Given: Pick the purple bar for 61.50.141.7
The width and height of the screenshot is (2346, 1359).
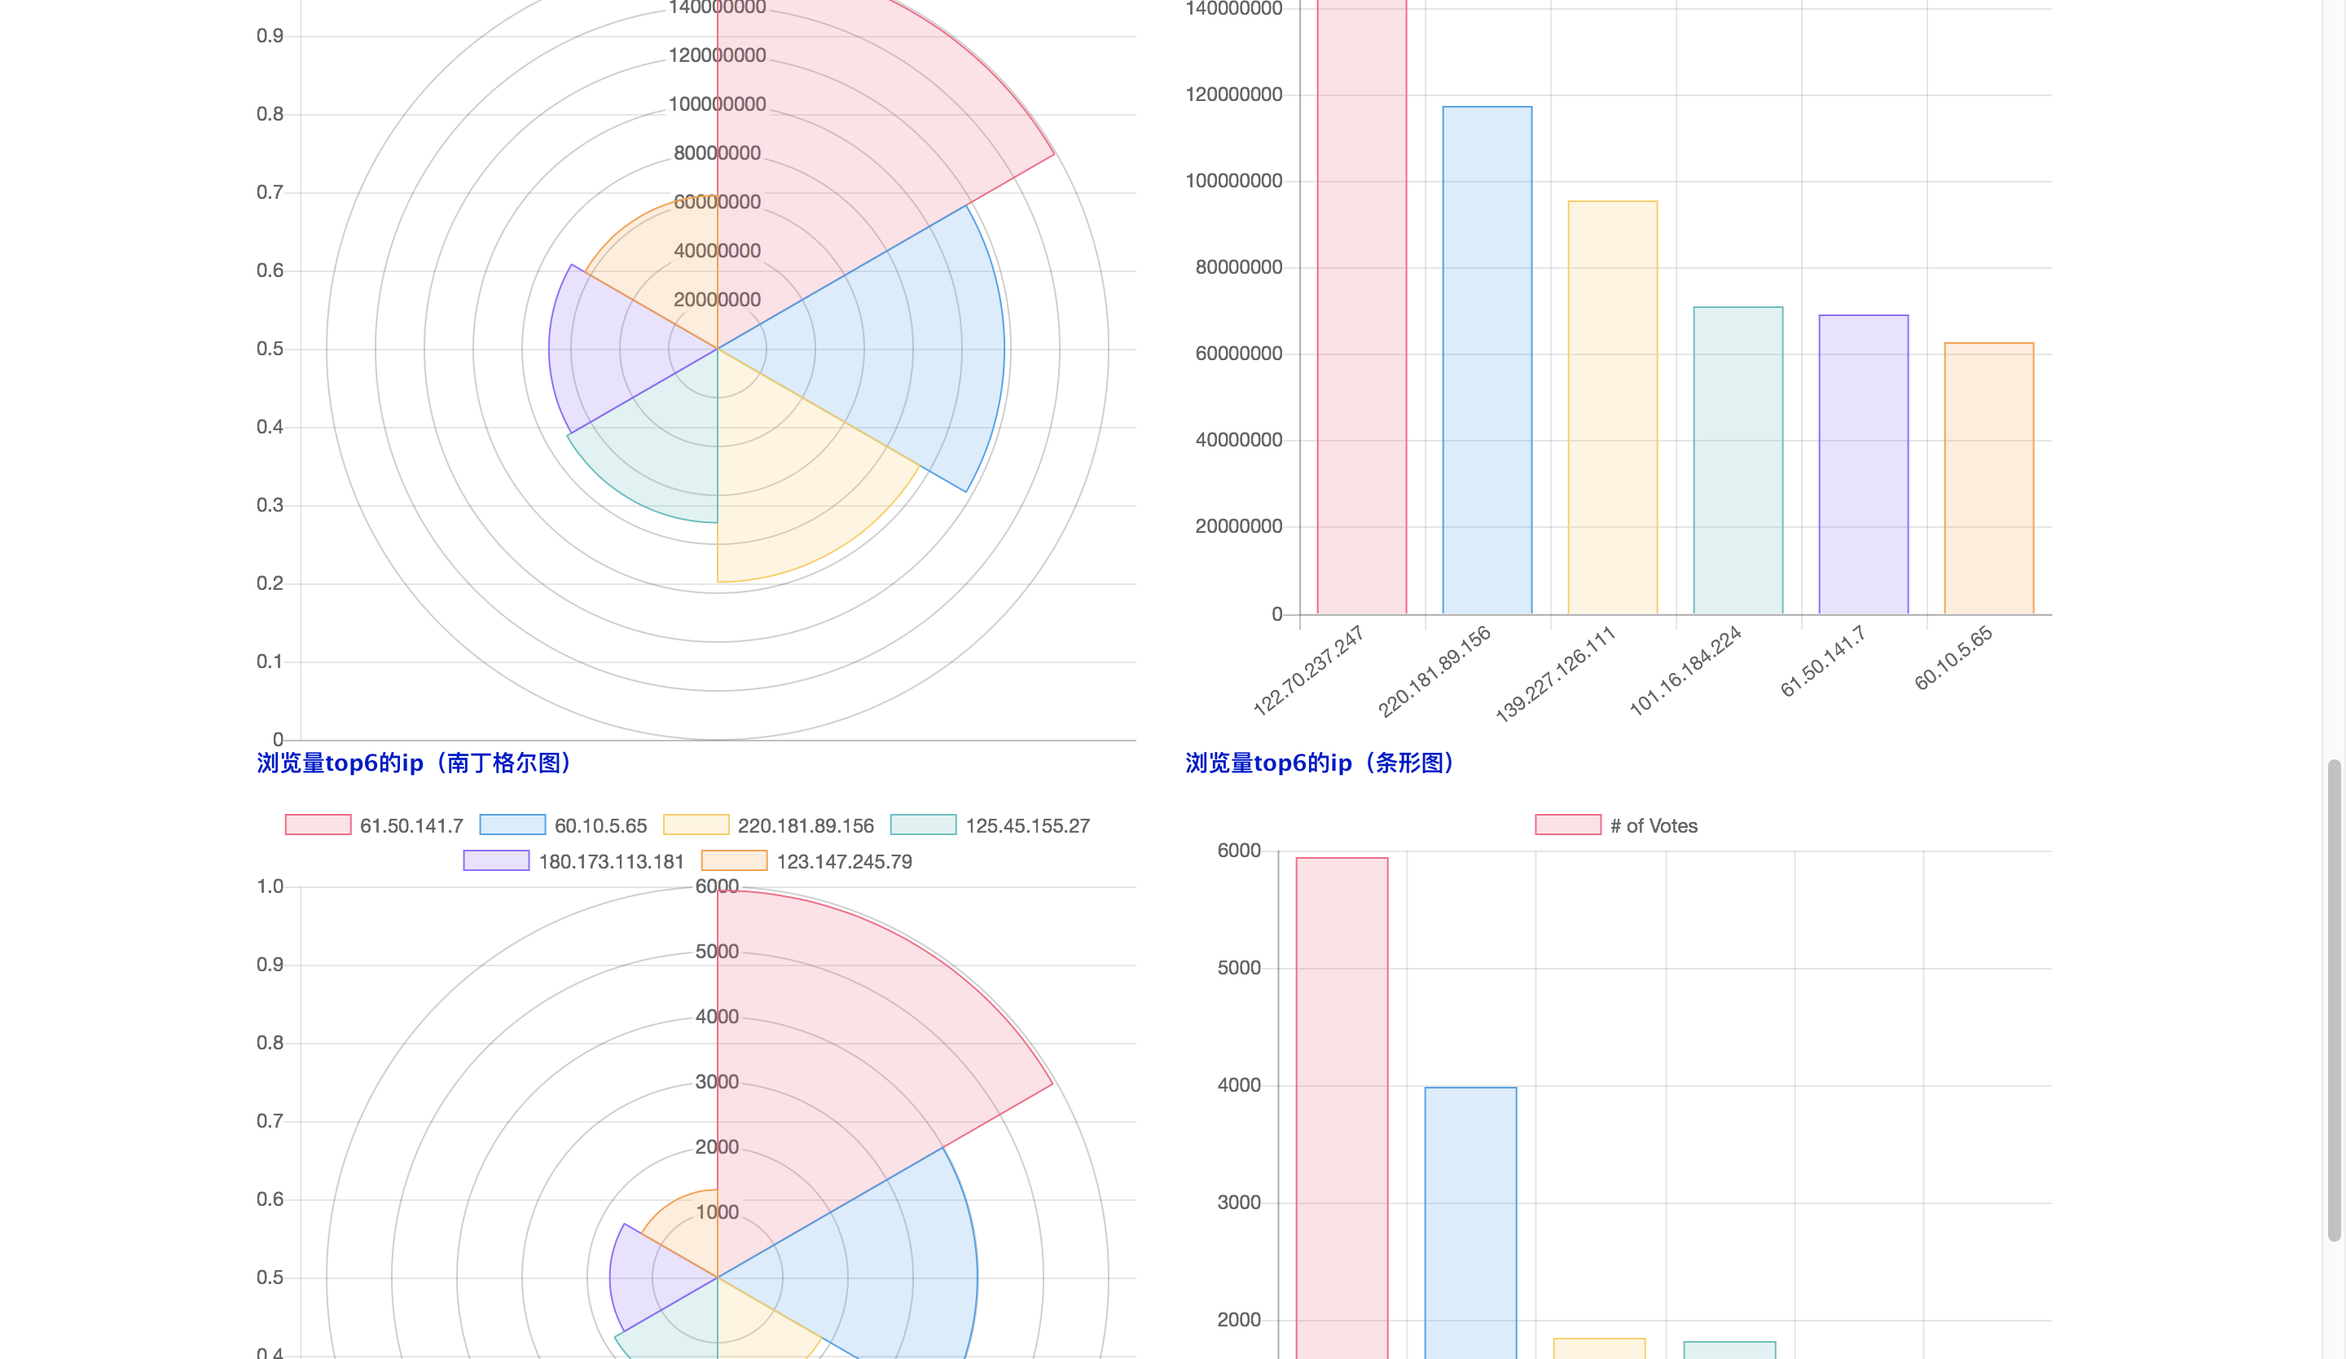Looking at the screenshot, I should (1863, 464).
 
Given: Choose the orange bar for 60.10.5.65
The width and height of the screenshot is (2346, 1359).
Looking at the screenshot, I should (1988, 478).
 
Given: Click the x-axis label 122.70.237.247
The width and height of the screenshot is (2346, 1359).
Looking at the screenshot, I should (1309, 671).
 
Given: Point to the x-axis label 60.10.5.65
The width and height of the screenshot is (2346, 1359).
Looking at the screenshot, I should (1953, 658).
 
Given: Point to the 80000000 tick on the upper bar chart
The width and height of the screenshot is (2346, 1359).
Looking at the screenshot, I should (1238, 267).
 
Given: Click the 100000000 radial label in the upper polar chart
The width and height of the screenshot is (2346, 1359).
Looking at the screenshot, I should (717, 104).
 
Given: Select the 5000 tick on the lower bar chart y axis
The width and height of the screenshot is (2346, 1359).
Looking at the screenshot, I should (1238, 968).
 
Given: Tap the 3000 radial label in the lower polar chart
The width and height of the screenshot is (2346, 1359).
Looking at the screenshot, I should (717, 1082).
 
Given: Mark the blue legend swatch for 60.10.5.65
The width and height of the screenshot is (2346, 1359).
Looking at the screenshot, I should (512, 825).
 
